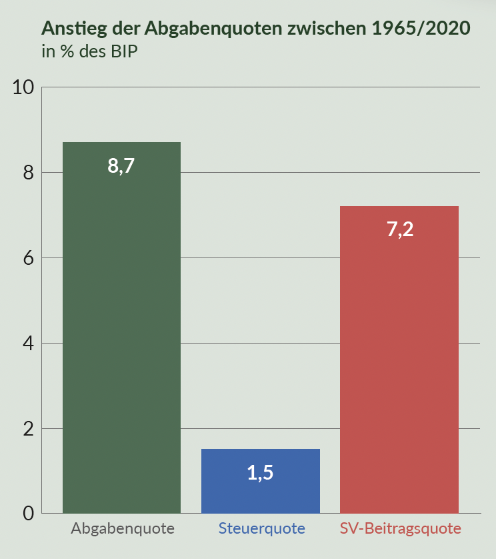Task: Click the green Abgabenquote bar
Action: (x=121, y=327)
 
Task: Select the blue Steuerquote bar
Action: (x=260, y=481)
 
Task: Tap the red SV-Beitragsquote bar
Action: (x=399, y=360)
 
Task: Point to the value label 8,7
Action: (x=121, y=165)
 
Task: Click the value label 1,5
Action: (x=260, y=473)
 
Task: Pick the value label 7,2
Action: (x=399, y=229)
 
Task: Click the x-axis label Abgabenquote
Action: (x=123, y=529)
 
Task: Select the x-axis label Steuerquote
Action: (x=261, y=529)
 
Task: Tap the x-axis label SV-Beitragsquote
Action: (x=400, y=529)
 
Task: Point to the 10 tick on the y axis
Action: (x=24, y=87)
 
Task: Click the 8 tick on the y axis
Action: (x=29, y=173)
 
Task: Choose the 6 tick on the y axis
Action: (x=29, y=258)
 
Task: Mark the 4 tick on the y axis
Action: (x=29, y=344)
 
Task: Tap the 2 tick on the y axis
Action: (x=29, y=429)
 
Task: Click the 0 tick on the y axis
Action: (x=29, y=514)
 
